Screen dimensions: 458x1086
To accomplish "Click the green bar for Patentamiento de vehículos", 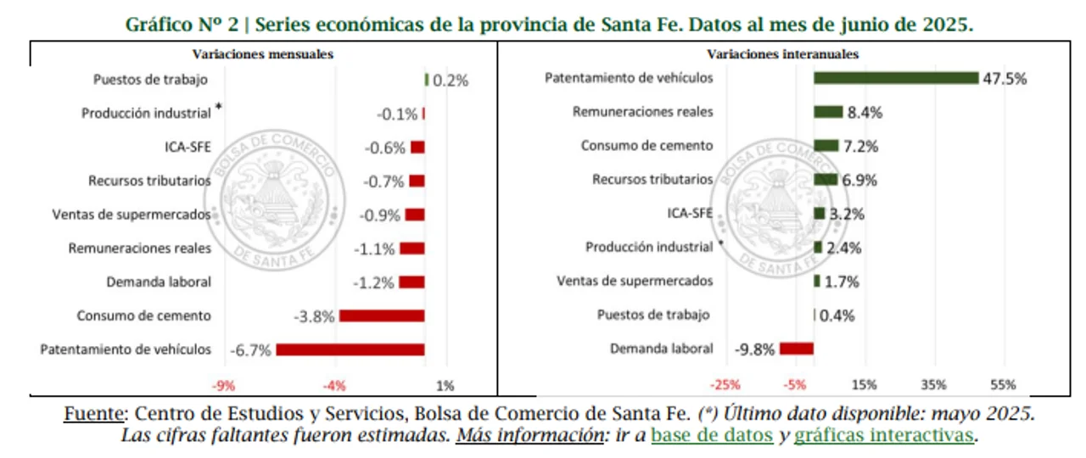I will tap(896, 78).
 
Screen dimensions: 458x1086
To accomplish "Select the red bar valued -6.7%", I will tap(350, 349).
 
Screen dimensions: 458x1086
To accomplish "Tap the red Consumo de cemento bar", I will tap(381, 316).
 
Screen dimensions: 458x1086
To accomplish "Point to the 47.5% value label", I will tap(1006, 79).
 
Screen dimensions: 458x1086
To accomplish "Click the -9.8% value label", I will tap(755, 349).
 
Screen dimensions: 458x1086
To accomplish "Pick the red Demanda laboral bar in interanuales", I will tap(797, 349).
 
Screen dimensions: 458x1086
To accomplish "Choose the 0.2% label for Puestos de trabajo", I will tap(451, 81).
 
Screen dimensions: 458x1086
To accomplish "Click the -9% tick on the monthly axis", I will tap(224, 386).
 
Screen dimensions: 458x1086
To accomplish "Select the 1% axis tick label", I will tap(445, 386).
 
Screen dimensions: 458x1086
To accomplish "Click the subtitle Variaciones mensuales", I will tap(262, 53).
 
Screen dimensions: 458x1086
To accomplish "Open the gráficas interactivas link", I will tap(883, 436).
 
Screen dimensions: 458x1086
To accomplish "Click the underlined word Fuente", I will tap(93, 415).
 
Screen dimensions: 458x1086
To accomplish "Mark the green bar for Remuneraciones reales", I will tap(828, 112).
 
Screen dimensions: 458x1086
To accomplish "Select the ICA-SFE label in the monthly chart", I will tap(188, 147).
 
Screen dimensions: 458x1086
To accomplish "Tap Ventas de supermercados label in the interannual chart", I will tap(635, 281).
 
